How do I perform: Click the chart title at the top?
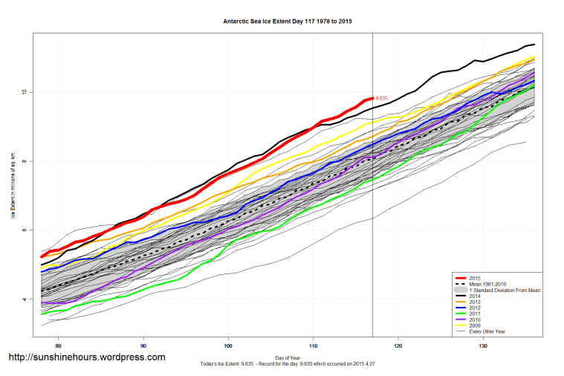pos(288,22)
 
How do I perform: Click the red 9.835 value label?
pos(383,98)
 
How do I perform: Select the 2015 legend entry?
pos(475,278)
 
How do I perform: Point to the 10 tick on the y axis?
pos(24,92)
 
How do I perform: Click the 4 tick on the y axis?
pos(24,299)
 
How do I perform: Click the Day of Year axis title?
pos(288,357)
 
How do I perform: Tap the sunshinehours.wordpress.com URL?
pos(86,357)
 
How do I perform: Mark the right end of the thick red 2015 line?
pos(372,98)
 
